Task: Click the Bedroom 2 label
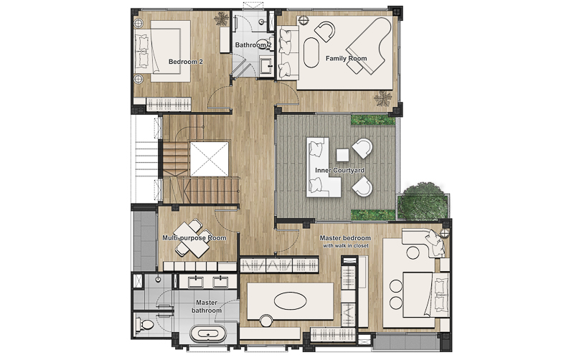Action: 185,62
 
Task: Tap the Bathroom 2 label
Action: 253,45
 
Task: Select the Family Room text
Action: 346,58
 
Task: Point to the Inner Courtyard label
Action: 339,170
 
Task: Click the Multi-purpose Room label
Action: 194,238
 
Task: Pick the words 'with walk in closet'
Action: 346,246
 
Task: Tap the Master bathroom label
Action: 207,307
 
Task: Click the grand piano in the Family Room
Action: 370,46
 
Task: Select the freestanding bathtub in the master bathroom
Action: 208,333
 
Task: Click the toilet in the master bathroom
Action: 145,324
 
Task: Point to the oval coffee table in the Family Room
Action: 311,52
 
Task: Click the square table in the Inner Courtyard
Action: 342,155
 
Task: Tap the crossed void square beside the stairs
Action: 209,159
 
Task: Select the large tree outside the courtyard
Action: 423,202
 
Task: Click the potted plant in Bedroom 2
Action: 221,19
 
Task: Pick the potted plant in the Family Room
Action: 383,98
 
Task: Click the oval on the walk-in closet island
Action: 291,301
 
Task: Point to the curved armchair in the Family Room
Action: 325,31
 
